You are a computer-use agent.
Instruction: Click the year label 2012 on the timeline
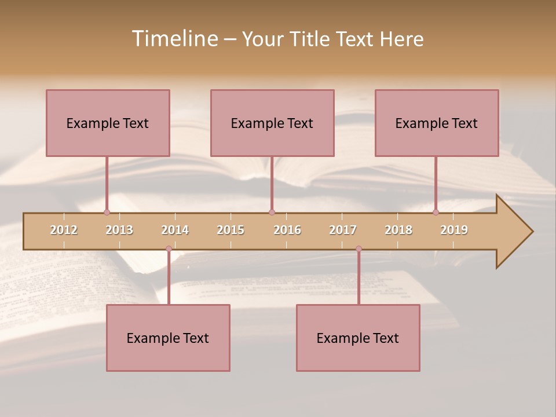(x=64, y=230)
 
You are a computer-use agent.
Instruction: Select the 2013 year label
(x=119, y=230)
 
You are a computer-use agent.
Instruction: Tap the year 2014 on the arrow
(x=175, y=230)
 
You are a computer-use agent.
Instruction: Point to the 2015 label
(x=231, y=230)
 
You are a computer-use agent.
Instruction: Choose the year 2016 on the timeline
(x=287, y=230)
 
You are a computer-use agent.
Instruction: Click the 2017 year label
(x=343, y=230)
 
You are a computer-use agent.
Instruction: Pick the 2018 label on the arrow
(x=398, y=230)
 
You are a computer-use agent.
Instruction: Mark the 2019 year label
(x=454, y=230)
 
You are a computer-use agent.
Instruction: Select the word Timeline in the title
(x=174, y=39)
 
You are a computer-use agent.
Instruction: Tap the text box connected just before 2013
(x=108, y=123)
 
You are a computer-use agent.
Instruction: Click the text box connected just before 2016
(x=272, y=123)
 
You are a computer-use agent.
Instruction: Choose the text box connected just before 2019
(x=437, y=123)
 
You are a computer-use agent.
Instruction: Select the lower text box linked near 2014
(x=168, y=338)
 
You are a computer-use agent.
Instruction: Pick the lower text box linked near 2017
(x=358, y=338)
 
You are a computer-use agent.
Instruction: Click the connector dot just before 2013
(x=107, y=213)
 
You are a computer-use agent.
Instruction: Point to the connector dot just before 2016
(x=272, y=213)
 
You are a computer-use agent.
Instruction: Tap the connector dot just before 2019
(x=436, y=213)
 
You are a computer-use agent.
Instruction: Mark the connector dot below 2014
(x=169, y=249)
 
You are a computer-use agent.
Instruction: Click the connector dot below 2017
(x=359, y=249)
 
